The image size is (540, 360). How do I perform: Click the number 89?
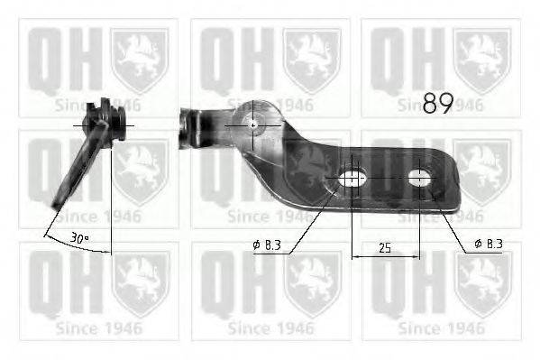pos(436,105)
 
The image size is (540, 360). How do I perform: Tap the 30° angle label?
pos(79,237)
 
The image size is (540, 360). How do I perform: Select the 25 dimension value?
pos(384,246)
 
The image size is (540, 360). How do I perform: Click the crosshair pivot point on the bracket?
pos(253,125)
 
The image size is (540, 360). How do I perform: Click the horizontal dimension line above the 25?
pos(384,256)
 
